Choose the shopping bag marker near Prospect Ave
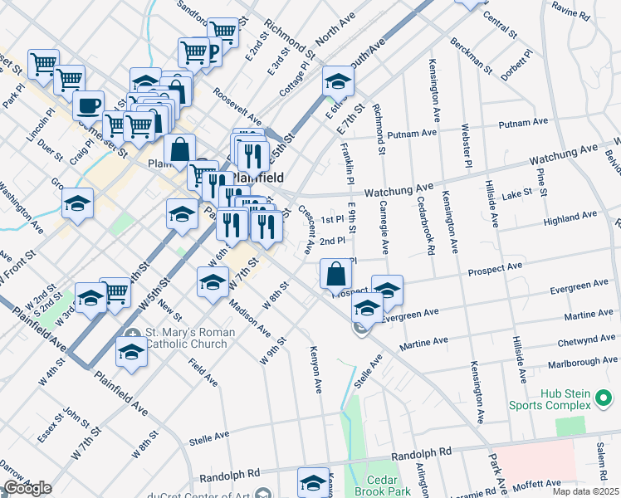pyautogui.click(x=334, y=273)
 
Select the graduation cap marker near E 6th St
pyautogui.click(x=338, y=81)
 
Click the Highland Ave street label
pyautogui.click(x=570, y=219)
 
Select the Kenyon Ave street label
pyautogui.click(x=315, y=369)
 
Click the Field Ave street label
pyautogui.click(x=202, y=373)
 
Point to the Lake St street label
pyautogui.click(x=516, y=193)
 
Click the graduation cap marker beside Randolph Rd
pyautogui.click(x=314, y=481)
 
